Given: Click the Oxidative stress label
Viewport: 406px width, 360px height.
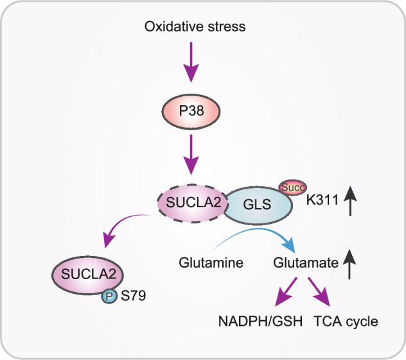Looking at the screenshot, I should [194, 27].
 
